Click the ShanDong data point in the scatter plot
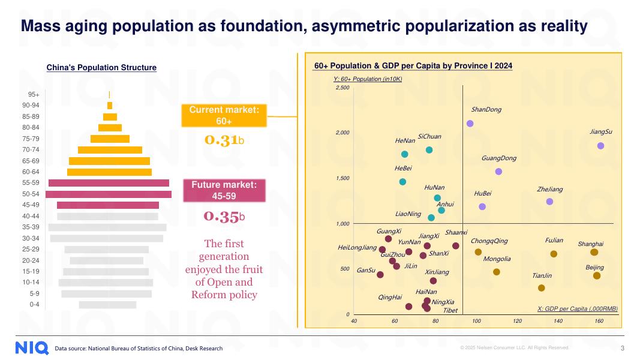point(470,124)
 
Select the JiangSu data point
point(600,146)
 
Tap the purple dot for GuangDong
point(498,172)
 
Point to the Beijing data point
point(597,276)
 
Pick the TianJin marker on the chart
point(542,288)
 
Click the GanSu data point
point(380,275)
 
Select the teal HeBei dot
point(402,182)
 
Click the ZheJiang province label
point(550,190)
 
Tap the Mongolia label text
point(497,259)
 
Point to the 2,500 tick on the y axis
point(342,88)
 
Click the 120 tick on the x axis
point(518,321)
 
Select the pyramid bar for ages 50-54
point(109,194)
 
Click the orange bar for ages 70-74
point(110,149)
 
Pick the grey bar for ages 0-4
point(107,305)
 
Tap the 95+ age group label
point(34,94)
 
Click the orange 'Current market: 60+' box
point(224,115)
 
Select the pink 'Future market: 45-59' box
point(224,190)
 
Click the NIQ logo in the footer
point(32,348)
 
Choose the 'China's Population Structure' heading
point(101,68)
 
